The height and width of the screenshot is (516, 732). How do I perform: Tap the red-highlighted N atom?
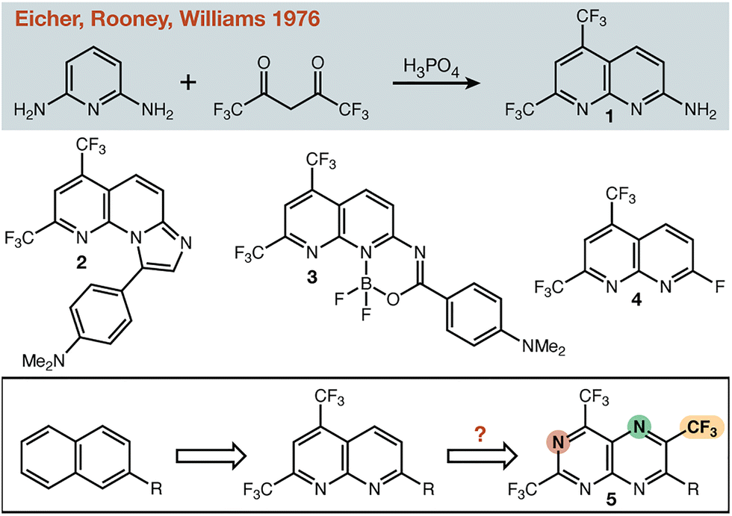(x=556, y=441)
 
